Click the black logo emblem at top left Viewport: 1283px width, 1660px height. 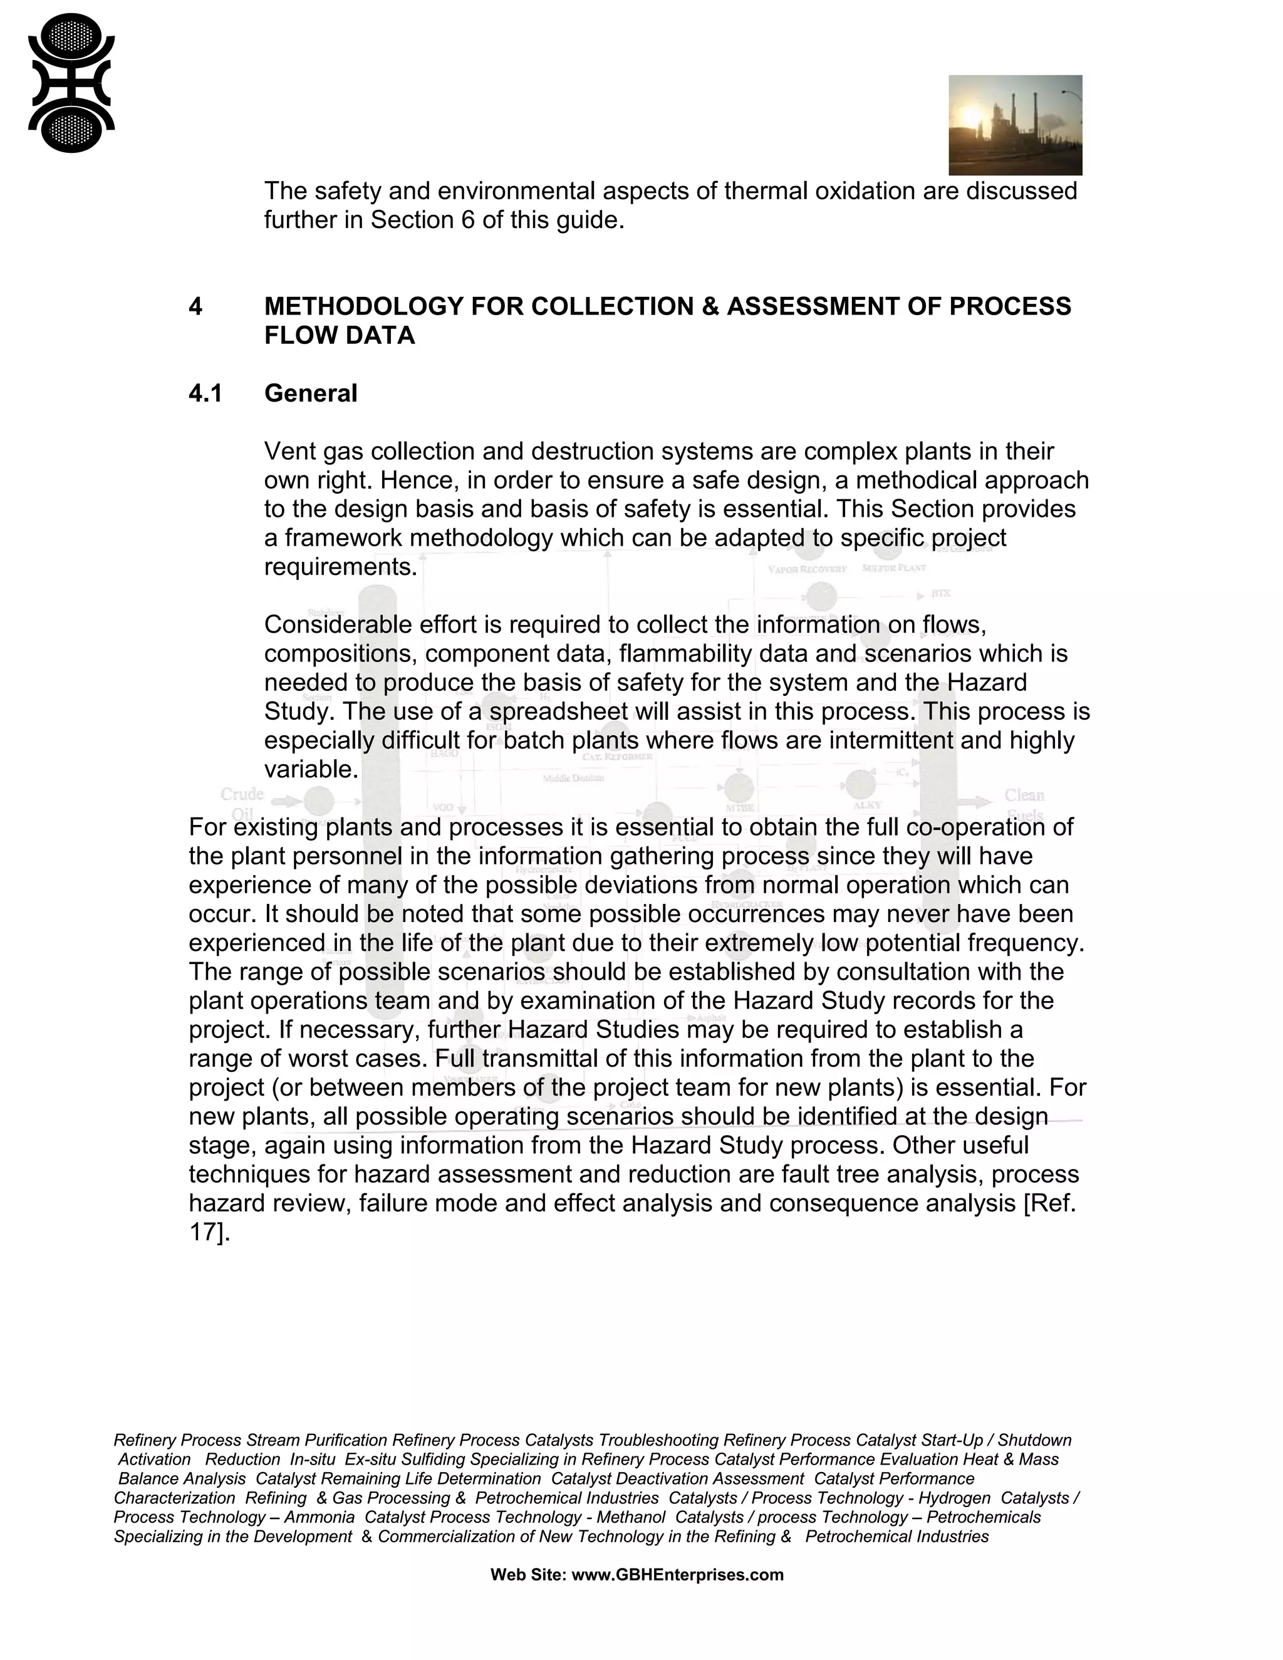[71, 83]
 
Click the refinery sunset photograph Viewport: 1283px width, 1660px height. [1015, 125]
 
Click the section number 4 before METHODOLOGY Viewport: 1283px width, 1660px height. [195, 306]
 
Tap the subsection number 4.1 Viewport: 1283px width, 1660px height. [205, 394]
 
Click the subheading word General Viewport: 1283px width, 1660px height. [310, 394]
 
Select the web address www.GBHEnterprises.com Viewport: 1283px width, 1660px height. [677, 1575]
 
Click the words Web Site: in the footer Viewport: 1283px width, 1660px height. [528, 1575]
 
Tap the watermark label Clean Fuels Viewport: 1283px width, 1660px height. [1024, 804]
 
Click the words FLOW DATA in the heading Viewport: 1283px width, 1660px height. [339, 335]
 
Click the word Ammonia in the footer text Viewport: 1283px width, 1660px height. [319, 1517]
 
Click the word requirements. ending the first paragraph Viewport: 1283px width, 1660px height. [341, 567]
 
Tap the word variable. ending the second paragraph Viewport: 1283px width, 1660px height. [311, 769]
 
